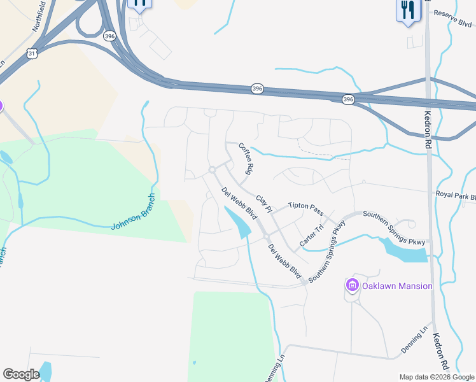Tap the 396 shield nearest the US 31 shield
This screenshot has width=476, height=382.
(110, 37)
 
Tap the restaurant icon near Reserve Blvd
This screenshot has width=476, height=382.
(408, 10)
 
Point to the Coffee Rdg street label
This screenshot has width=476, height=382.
(246, 159)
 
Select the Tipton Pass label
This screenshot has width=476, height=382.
(305, 206)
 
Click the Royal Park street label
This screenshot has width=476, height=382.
(455, 195)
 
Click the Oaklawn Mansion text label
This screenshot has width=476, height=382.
(397, 286)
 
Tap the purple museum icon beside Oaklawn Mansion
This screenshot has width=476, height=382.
(353, 286)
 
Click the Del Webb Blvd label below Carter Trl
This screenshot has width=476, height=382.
(284, 261)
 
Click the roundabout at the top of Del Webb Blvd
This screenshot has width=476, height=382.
(212, 169)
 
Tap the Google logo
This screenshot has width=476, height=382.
(21, 374)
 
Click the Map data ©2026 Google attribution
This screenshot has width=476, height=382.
(437, 376)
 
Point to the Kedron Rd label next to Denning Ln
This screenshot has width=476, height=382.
(442, 351)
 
